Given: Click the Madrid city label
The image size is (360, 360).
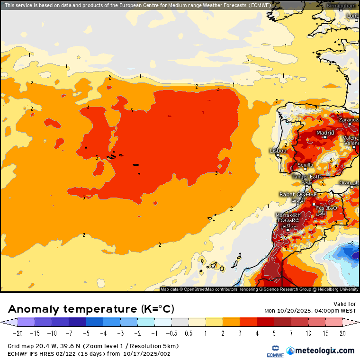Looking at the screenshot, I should (325, 133).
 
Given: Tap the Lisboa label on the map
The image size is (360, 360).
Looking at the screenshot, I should (278, 151).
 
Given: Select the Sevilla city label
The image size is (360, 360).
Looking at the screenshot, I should (305, 165).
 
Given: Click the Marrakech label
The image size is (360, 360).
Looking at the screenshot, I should (288, 215).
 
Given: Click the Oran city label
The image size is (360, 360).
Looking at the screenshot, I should (345, 182).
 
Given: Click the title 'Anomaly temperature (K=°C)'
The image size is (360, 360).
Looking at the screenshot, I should (91, 309).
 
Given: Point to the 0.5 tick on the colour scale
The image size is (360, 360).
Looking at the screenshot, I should (189, 333).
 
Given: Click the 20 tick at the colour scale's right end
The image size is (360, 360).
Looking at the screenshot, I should (342, 333).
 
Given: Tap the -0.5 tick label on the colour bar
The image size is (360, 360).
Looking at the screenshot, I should (171, 333).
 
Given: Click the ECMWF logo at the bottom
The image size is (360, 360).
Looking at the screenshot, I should (271, 351).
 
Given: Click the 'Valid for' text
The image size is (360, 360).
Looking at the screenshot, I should (344, 304).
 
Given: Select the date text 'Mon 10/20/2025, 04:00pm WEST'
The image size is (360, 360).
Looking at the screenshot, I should (310, 311).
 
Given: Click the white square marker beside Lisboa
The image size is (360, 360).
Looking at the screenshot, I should (278, 155).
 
